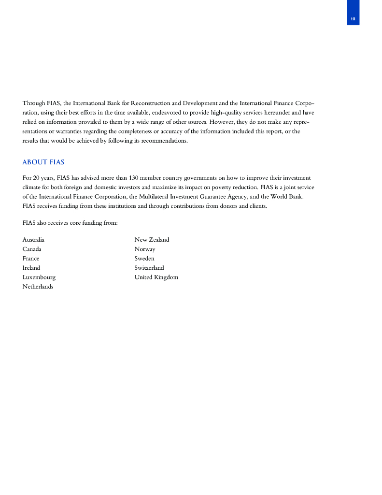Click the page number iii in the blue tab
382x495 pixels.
pyautogui.click(x=353, y=19)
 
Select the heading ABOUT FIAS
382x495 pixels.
pyautogui.click(x=43, y=162)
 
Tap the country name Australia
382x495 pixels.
pyautogui.click(x=33, y=240)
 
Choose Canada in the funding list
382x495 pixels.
pyautogui.click(x=32, y=249)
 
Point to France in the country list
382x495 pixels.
pyautogui.click(x=31, y=259)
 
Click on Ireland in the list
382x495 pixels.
pyautogui.click(x=31, y=268)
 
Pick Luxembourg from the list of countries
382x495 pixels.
pyautogui.click(x=39, y=277)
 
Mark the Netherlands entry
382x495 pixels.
pyautogui.click(x=38, y=287)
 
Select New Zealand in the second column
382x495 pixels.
pyautogui.click(x=152, y=240)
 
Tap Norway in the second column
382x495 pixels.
pyautogui.click(x=145, y=249)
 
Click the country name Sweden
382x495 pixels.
pyautogui.click(x=144, y=259)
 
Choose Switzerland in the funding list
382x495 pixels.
pyautogui.click(x=149, y=268)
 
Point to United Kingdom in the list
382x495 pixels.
pyautogui.click(x=156, y=277)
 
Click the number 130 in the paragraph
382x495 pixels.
pyautogui.click(x=134, y=178)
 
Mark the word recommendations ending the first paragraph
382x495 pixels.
pyautogui.click(x=163, y=141)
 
